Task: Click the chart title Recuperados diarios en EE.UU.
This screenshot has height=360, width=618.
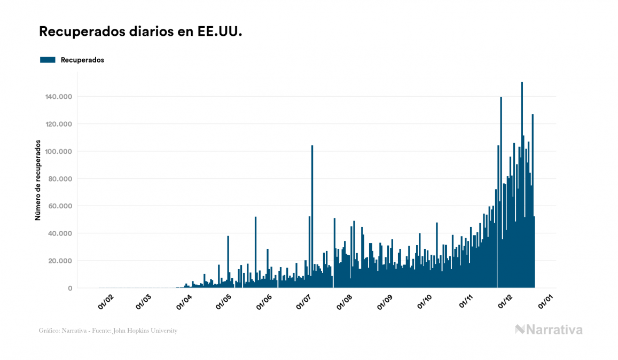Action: tap(140, 32)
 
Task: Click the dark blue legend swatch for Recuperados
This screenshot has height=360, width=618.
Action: tap(48, 60)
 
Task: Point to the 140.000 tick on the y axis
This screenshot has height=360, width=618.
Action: tap(59, 97)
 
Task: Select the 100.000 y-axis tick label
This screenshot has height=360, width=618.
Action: tap(59, 152)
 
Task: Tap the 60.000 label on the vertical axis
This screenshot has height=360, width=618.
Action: tap(61, 206)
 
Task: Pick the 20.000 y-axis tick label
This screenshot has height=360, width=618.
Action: tap(61, 261)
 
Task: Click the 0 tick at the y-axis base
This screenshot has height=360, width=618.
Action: tap(70, 288)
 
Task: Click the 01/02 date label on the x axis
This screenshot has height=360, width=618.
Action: tap(105, 303)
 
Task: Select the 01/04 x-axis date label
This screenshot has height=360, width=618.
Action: tap(184, 303)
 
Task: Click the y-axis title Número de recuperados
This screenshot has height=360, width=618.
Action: tap(38, 180)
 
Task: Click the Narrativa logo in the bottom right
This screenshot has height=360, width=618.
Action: tap(549, 330)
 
